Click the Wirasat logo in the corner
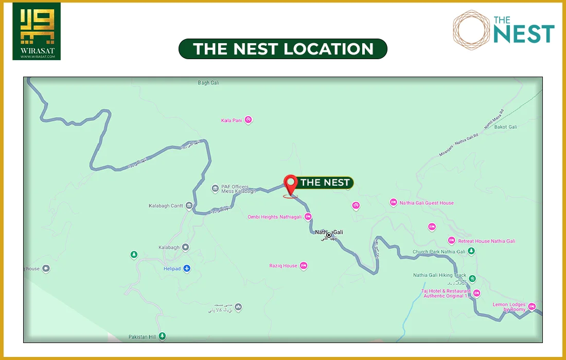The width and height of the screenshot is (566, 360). click(x=37, y=31)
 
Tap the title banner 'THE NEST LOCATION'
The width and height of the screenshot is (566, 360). click(x=283, y=49)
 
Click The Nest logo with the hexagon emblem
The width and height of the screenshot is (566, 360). click(x=503, y=29)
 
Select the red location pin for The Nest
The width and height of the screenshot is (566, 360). click(x=291, y=184)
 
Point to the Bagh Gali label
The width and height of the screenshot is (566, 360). click(x=208, y=83)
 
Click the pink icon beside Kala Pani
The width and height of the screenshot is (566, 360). click(x=248, y=120)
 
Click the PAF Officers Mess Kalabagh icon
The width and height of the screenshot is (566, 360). click(x=215, y=189)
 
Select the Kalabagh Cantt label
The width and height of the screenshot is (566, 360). click(x=166, y=206)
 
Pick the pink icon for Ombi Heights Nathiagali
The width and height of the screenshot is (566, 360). click(x=308, y=217)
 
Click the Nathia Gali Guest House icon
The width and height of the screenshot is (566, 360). click(x=394, y=203)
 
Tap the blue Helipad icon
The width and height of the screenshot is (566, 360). click(x=187, y=268)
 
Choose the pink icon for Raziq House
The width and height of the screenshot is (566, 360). click(x=304, y=266)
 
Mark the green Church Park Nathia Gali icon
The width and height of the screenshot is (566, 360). click(x=471, y=251)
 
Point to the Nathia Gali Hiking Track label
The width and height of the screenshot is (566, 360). click(x=439, y=276)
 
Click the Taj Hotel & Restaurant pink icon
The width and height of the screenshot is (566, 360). click(x=476, y=293)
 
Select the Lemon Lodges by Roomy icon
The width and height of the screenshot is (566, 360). click(x=532, y=307)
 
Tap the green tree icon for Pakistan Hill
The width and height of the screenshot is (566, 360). click(x=163, y=337)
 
